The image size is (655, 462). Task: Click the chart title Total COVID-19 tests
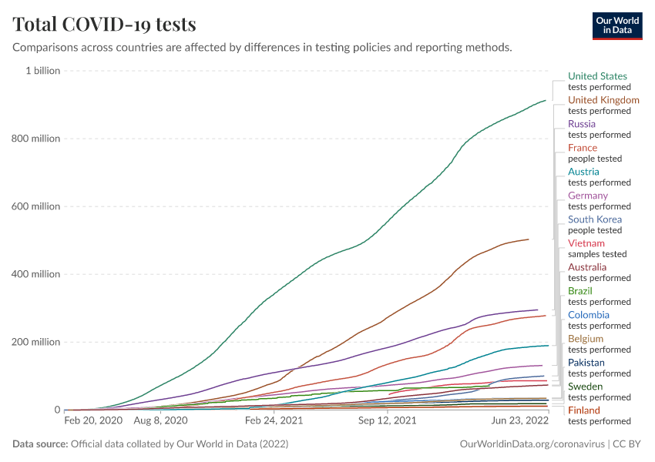(104, 25)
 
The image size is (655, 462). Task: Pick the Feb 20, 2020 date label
(93, 421)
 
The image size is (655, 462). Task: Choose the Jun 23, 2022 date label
(519, 421)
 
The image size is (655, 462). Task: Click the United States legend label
(597, 76)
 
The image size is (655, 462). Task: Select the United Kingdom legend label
(603, 100)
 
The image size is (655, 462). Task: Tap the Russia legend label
(582, 124)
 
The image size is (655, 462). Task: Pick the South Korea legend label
(595, 219)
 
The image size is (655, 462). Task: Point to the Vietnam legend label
(586, 243)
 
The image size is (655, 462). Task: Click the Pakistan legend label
(586, 363)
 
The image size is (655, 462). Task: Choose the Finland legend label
(583, 410)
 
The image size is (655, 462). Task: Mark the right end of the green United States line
(546, 100)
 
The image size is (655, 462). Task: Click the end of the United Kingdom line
(529, 239)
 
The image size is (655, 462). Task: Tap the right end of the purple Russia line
(537, 310)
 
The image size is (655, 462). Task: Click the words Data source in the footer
(40, 444)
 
